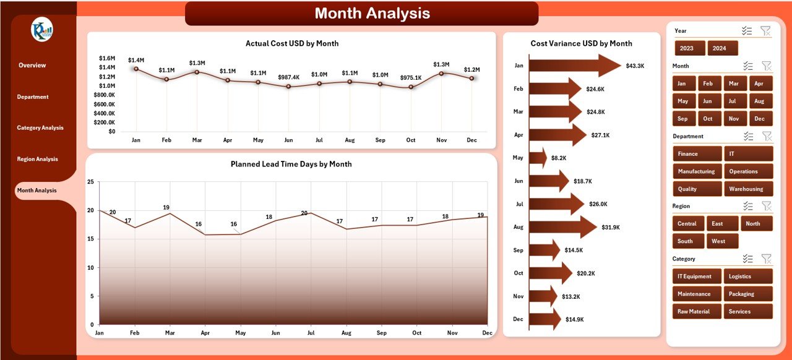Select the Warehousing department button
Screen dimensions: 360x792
tap(748, 189)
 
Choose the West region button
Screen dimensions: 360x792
tap(722, 241)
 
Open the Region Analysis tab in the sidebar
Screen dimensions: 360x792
tap(37, 159)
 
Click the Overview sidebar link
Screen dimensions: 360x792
tap(32, 65)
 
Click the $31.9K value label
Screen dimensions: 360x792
tap(611, 227)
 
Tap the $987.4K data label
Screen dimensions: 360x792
tap(288, 77)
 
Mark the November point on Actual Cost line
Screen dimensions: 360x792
tap(441, 73)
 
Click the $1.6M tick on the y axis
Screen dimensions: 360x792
tap(106, 58)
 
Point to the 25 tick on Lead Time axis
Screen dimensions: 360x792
tap(90, 182)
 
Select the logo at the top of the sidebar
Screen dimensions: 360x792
tap(41, 30)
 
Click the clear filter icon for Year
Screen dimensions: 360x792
tap(765, 31)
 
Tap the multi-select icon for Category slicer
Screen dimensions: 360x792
tap(748, 259)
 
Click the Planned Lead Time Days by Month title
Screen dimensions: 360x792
tap(291, 164)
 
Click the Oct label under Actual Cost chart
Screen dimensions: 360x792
tap(411, 140)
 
